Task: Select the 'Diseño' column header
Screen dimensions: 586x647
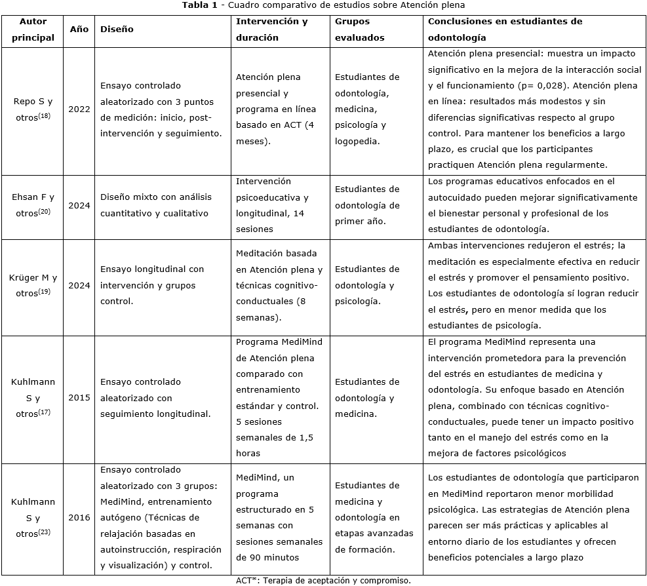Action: (117, 29)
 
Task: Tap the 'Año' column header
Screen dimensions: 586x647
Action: (79, 29)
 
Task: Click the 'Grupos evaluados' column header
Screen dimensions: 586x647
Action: (360, 29)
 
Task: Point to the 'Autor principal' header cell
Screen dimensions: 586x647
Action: (33, 29)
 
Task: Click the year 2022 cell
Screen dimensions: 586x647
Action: (79, 109)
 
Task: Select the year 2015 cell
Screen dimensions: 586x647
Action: (79, 398)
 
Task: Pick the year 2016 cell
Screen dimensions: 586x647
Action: (79, 517)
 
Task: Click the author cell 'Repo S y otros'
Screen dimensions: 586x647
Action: (33, 109)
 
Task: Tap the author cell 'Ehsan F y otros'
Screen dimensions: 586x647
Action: (33, 205)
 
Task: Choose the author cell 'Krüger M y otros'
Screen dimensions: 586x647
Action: (33, 286)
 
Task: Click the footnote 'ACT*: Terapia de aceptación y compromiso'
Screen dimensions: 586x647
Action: (323, 580)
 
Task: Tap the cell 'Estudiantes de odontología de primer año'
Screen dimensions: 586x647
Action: (366, 205)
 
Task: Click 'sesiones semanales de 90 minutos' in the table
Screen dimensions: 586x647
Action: (279, 549)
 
